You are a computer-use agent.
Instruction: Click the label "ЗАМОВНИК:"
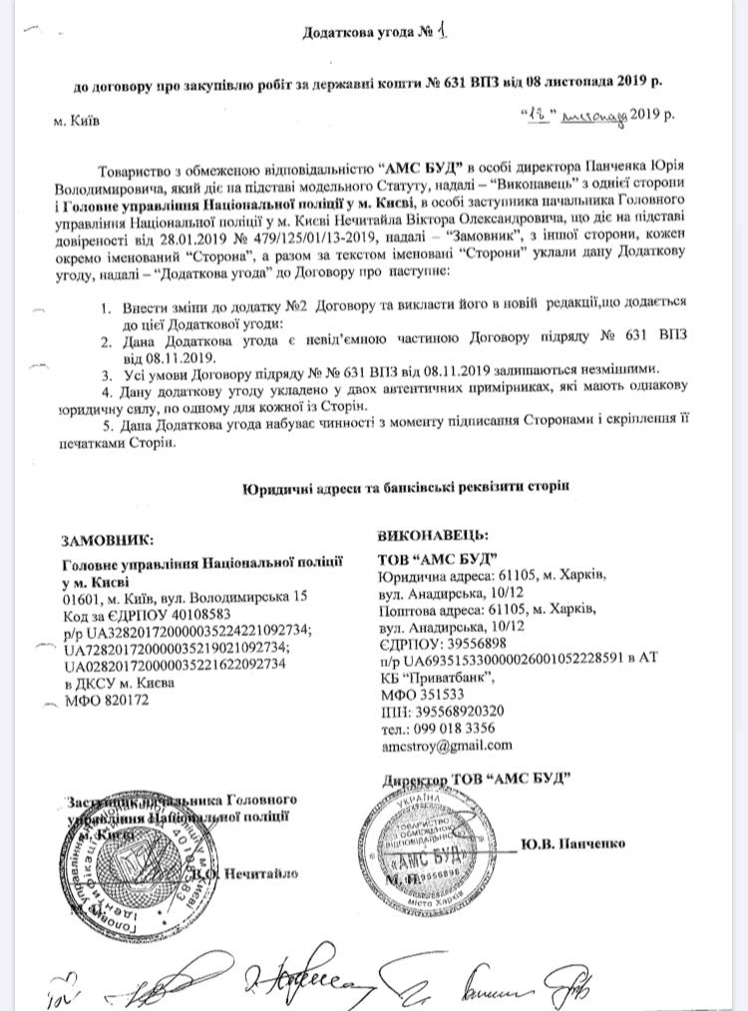click(108, 540)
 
